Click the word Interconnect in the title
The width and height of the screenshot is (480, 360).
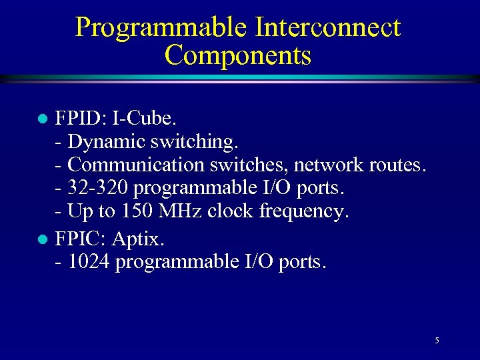327,27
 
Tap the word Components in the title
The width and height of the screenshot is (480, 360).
238,55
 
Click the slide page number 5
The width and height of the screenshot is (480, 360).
437,341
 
